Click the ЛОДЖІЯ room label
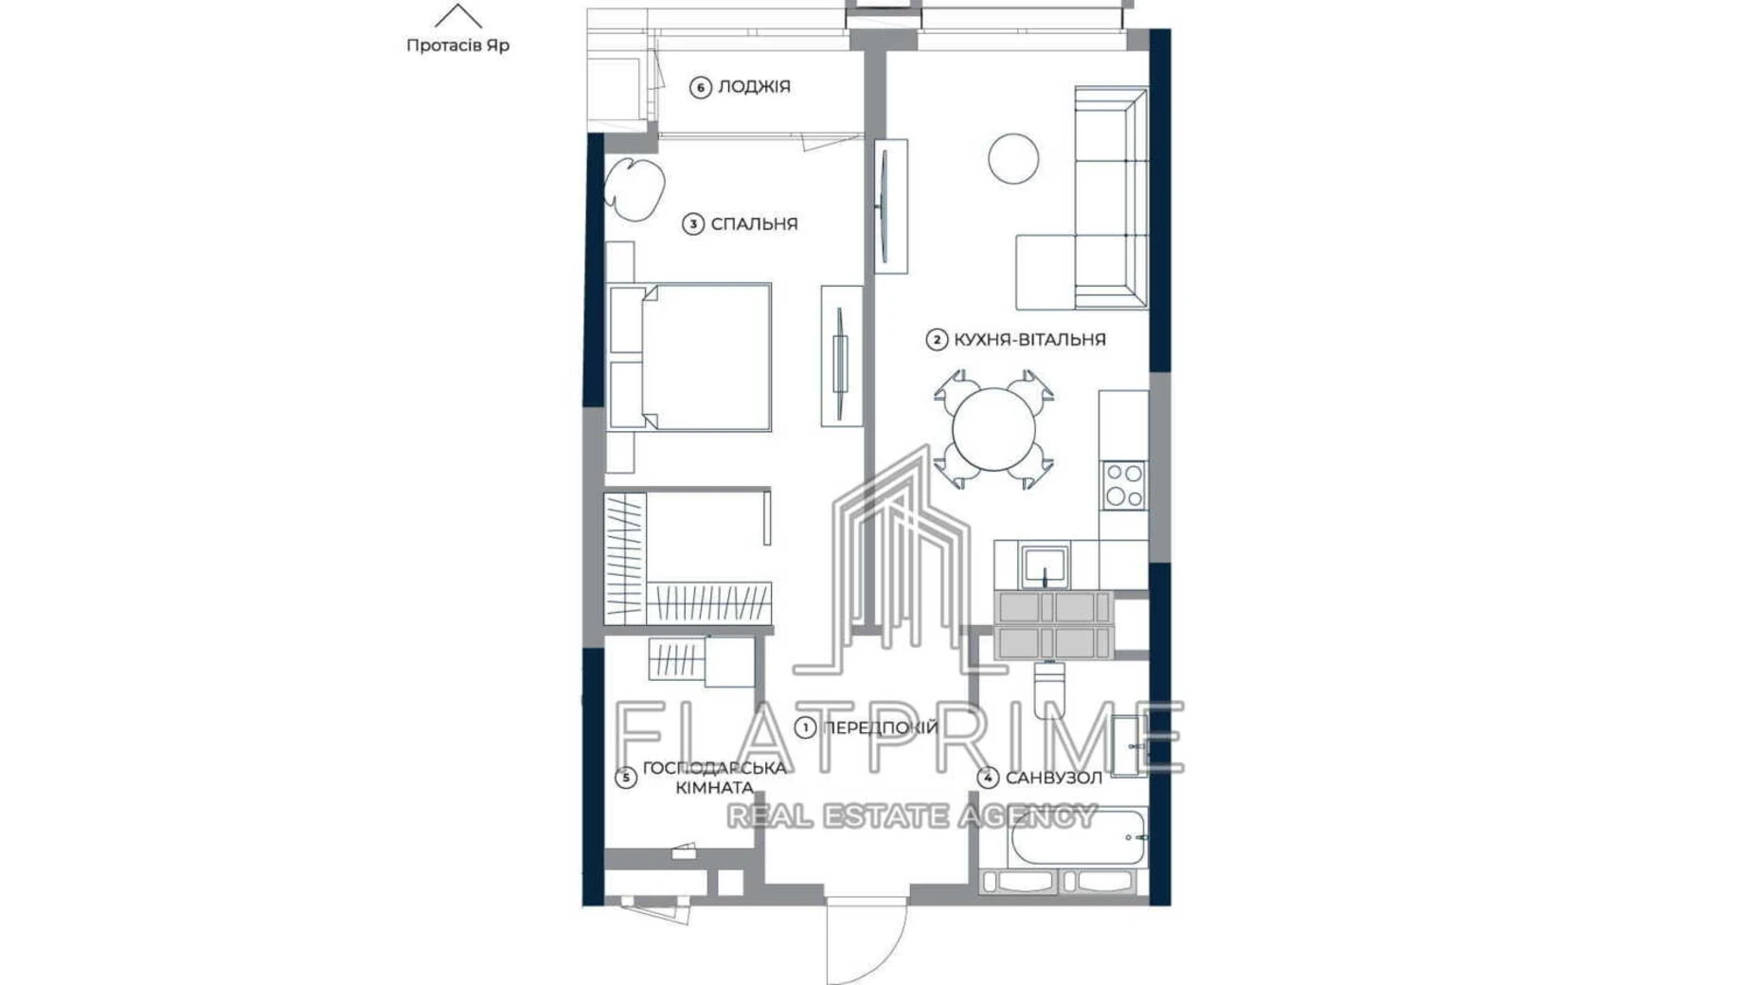[753, 86]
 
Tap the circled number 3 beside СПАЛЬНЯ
[693, 224]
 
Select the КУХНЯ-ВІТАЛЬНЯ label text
[1028, 339]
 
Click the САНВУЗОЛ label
[1053, 778]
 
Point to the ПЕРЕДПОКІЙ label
[880, 727]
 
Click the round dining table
[992, 429]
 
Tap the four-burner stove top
[1123, 485]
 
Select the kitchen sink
[1045, 565]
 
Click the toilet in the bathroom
[1049, 689]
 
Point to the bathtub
[1077, 836]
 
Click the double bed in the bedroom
[701, 357]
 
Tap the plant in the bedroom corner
[633, 188]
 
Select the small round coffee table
[1012, 158]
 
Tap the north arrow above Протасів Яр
[457, 16]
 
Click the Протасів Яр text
[457, 45]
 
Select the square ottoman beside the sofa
[1045, 272]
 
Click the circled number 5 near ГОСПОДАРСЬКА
[625, 778]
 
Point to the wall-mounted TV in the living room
[885, 206]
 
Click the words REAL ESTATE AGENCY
[911, 815]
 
